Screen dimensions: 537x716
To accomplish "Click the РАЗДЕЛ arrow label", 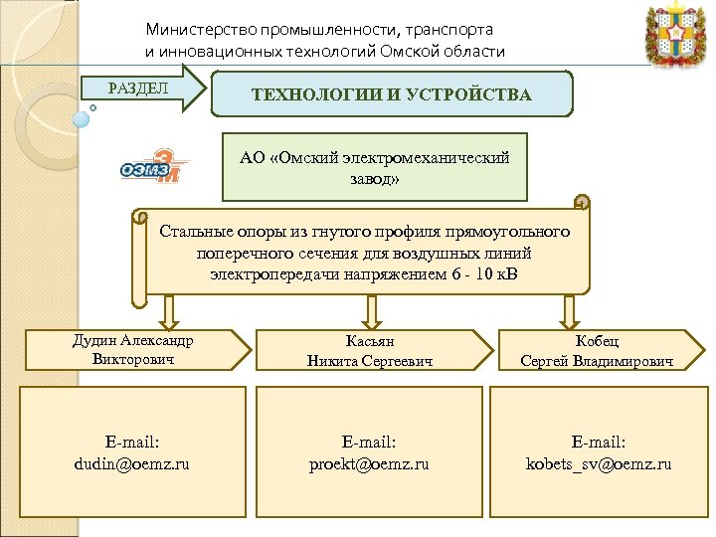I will coord(138,88).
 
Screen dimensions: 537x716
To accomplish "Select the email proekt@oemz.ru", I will coord(369,464).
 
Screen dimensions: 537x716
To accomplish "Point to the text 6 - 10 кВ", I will coord(495,272).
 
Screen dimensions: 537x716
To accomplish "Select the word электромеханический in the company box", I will coord(437,157).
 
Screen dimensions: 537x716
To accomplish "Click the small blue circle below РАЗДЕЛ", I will coord(82,117).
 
